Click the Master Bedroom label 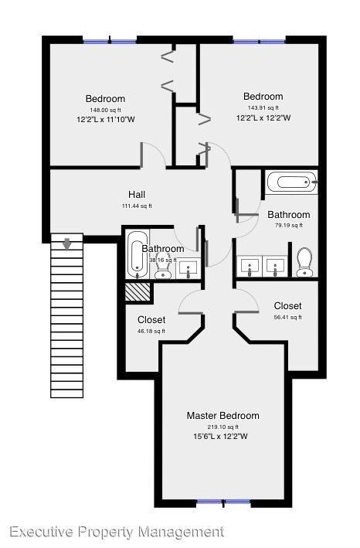tap(222, 416)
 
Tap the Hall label tap(137, 195)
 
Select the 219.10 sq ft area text tap(222, 427)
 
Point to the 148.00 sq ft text tap(105, 111)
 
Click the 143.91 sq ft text tap(263, 107)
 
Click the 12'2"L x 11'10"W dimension tap(105, 121)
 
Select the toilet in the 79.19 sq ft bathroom tap(304, 261)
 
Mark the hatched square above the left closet tap(138, 293)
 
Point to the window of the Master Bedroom tap(223, 503)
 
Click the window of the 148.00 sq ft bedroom tap(109, 40)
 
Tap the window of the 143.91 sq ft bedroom tap(259, 40)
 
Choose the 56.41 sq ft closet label tap(287, 306)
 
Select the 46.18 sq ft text tap(151, 332)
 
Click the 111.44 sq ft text tap(137, 206)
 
